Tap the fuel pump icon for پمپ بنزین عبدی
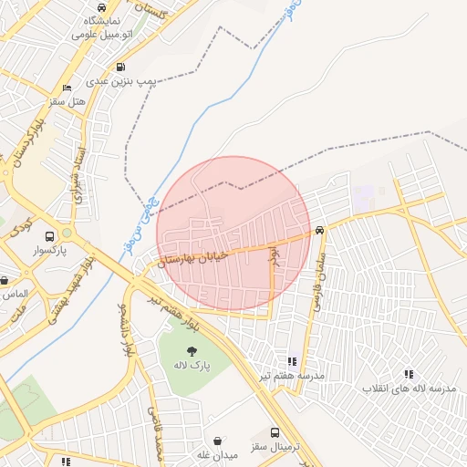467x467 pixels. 121,67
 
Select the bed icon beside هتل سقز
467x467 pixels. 67,88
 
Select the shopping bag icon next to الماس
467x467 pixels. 5,281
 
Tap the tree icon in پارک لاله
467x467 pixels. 192,351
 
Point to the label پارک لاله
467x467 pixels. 192,366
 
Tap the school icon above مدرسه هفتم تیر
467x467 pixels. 292,362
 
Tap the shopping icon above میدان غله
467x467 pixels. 217,440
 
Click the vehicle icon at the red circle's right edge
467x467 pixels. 318,230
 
